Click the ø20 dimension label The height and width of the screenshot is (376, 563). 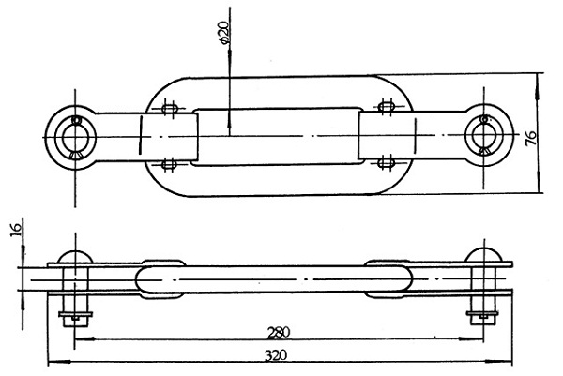[223, 33]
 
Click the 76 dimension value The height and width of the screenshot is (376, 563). [531, 138]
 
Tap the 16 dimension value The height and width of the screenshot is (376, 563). [16, 229]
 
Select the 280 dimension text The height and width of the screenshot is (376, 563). [279, 333]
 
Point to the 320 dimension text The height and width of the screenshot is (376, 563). [276, 355]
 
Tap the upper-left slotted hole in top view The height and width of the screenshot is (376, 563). [170, 108]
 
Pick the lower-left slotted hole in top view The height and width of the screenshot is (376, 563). [169, 165]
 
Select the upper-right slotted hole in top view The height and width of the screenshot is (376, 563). [387, 106]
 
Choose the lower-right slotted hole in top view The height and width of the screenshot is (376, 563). [387, 163]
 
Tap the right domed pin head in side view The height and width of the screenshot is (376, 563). [483, 255]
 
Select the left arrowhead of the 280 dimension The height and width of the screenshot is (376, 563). [84, 339]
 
